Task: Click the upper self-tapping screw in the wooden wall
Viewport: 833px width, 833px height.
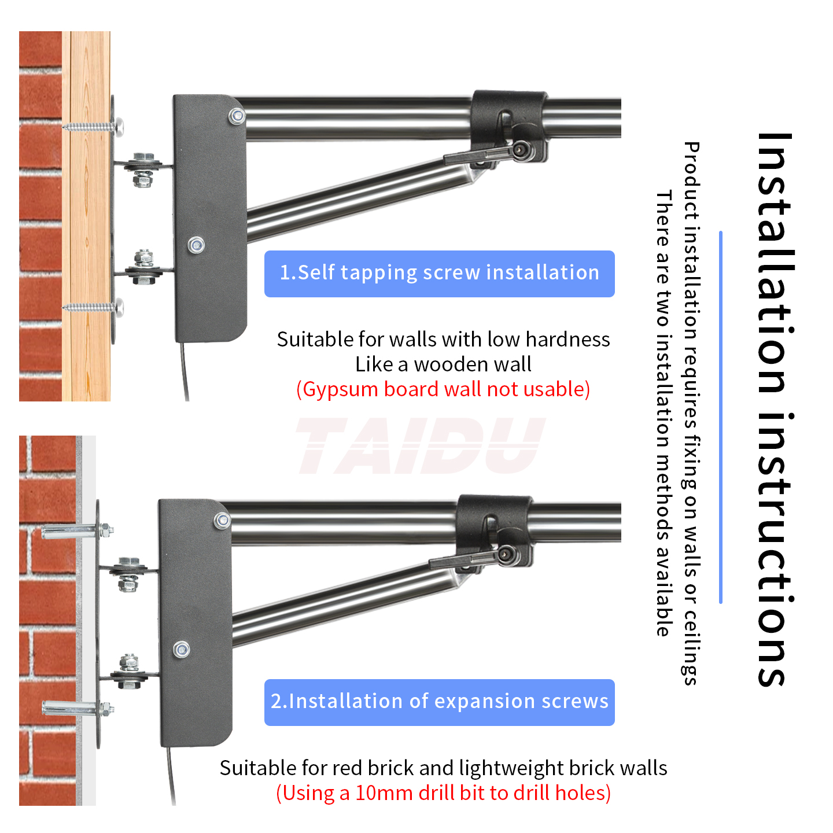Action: pos(93,126)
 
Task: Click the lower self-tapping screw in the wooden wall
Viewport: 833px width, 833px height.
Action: pos(93,307)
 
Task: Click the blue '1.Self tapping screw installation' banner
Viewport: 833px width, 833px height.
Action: pos(439,274)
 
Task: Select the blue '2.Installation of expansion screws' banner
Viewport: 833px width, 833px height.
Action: pos(439,702)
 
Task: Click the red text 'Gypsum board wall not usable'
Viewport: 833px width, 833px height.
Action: pos(443,389)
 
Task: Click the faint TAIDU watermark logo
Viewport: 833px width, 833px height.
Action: pos(420,445)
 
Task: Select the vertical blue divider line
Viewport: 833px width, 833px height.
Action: pos(720,417)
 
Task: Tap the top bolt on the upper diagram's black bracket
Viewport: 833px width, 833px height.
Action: pos(237,116)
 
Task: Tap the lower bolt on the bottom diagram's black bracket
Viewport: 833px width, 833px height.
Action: pos(182,650)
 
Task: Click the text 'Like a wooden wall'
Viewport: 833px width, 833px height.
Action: pos(443,364)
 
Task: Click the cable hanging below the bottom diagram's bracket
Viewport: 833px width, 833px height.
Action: pos(171,775)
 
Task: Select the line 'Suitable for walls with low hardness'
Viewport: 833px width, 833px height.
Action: pos(443,339)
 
